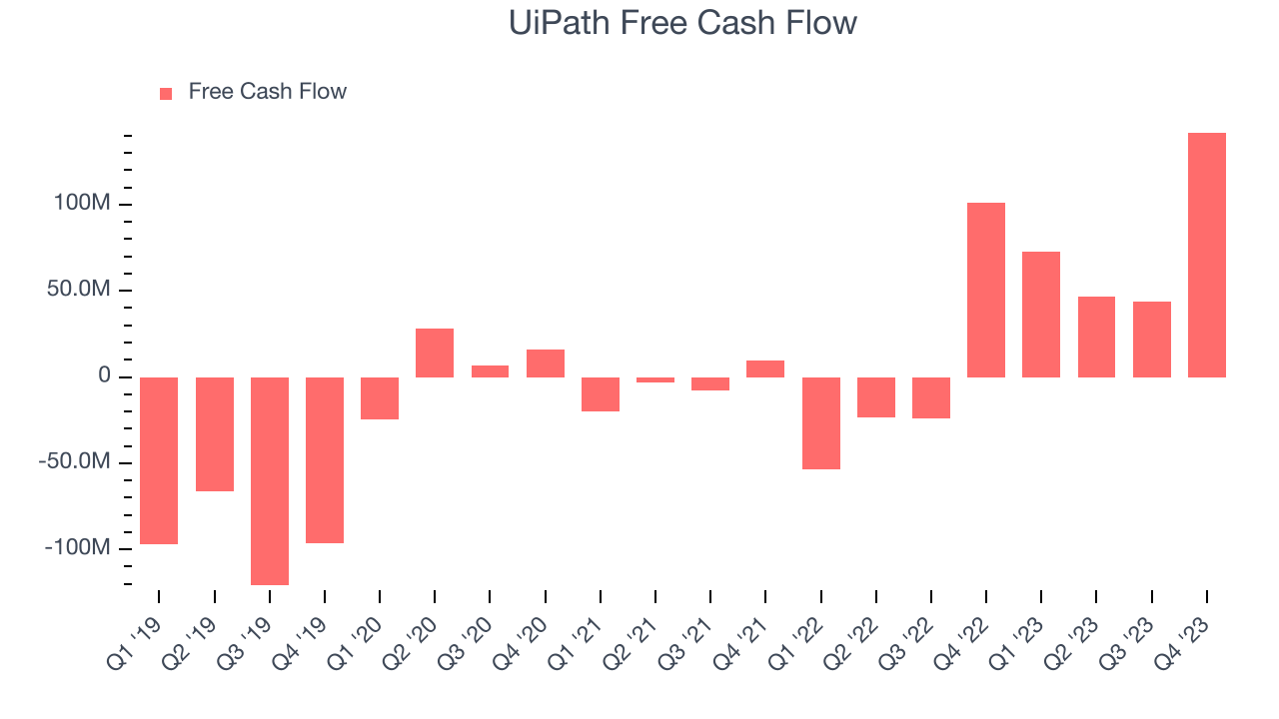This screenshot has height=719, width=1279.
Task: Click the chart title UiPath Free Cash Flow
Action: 682,23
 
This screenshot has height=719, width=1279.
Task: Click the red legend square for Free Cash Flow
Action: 166,93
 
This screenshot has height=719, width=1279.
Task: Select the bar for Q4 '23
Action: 1206,255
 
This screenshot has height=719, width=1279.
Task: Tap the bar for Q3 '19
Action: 270,480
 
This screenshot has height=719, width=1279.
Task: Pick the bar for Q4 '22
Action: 985,290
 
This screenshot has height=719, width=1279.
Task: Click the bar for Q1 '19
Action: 159,460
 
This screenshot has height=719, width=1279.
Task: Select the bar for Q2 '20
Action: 435,353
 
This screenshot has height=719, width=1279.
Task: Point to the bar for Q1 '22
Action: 820,422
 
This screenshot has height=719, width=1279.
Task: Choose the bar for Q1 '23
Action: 1041,314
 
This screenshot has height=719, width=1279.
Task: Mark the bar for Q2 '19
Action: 214,433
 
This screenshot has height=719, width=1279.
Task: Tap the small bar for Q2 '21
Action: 655,379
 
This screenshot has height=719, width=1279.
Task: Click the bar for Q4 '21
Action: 765,368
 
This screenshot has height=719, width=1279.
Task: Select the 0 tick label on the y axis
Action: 103,376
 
